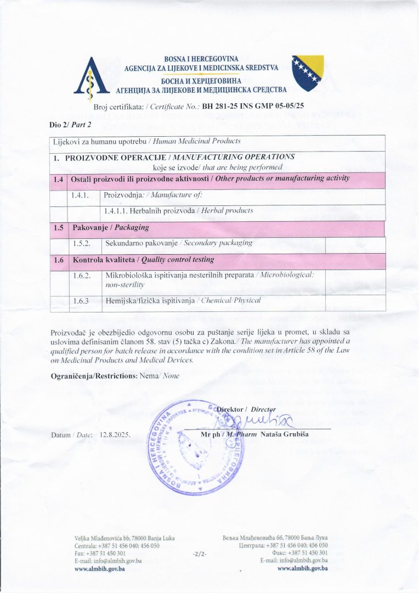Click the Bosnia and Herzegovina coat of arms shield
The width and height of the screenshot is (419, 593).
(307, 73)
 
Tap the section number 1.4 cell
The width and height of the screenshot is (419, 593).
(59, 179)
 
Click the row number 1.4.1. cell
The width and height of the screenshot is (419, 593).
(80, 195)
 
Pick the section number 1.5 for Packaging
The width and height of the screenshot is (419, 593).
(59, 227)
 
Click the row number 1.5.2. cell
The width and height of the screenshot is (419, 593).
(80, 243)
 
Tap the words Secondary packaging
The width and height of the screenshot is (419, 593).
(218, 243)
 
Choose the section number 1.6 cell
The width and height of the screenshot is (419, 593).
(59, 259)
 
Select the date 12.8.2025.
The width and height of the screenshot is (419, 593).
(115, 435)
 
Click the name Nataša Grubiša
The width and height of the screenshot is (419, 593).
(292, 434)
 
